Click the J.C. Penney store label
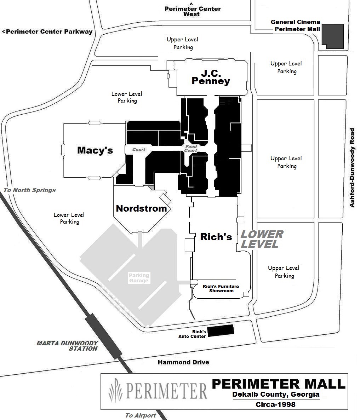(x=211, y=77)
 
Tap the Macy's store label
(x=95, y=150)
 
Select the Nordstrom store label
(x=141, y=208)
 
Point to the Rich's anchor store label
(x=216, y=237)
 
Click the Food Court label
(x=191, y=149)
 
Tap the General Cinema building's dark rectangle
(x=332, y=36)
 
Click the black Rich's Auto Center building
(x=221, y=330)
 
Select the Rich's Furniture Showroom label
(x=221, y=288)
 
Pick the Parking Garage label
(x=139, y=278)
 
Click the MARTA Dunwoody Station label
(x=67, y=346)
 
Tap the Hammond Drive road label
(x=183, y=362)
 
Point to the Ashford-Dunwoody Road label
(x=352, y=168)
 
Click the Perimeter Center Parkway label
(x=47, y=31)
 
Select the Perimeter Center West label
(x=193, y=11)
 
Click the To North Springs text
(x=30, y=190)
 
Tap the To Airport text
(x=141, y=415)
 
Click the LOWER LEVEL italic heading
(x=262, y=239)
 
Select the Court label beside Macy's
(x=139, y=150)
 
